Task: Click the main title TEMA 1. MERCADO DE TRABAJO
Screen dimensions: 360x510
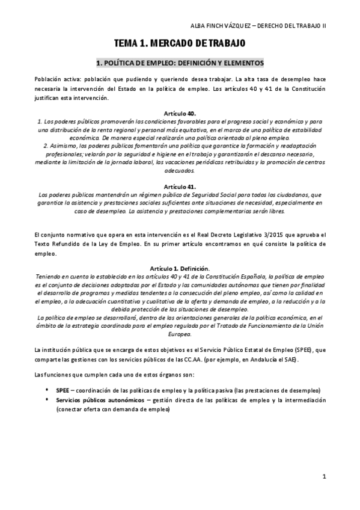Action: click(180, 43)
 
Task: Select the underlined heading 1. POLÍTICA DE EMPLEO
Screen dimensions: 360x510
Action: click(180, 63)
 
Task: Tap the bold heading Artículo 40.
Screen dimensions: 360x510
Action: click(180, 113)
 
